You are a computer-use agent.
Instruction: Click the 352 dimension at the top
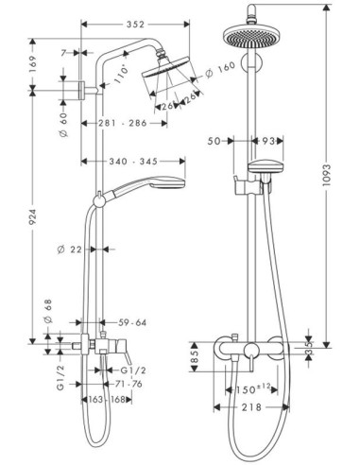point(135,25)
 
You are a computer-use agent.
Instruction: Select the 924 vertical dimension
point(33,217)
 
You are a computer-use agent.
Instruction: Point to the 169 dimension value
point(33,64)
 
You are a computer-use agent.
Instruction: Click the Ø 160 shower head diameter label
point(220,70)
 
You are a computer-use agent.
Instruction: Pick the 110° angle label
point(121,74)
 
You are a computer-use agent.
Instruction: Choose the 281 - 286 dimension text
point(123,123)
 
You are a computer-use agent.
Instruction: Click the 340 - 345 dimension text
point(133,162)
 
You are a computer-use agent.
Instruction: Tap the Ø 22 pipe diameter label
point(69,250)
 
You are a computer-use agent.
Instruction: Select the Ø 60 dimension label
point(63,125)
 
